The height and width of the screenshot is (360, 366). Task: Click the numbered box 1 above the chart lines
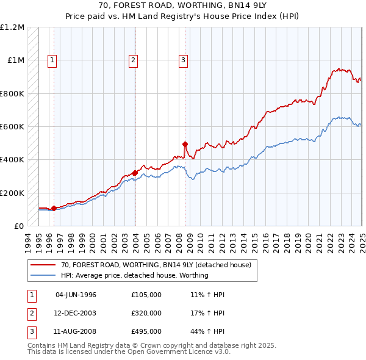53,60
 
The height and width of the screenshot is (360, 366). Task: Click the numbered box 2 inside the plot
133,60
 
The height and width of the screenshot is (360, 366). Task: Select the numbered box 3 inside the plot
183,60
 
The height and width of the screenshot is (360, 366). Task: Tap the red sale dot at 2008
185,144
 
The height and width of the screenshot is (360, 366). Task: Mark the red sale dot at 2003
135,173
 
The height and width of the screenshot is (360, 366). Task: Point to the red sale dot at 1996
54,209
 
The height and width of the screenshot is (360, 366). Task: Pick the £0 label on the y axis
20,226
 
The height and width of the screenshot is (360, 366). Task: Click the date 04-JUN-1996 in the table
76,295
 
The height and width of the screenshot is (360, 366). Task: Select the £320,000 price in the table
146,313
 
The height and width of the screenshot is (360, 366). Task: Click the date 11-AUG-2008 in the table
76,331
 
